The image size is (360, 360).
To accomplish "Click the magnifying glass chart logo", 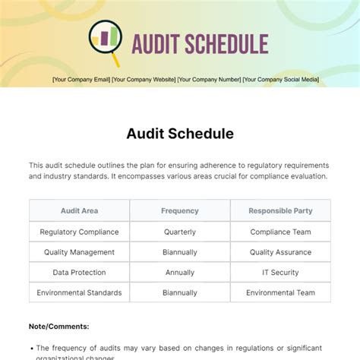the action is pyautogui.click(x=105, y=43).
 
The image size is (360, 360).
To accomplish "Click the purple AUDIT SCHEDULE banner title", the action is pyautogui.click(x=200, y=43).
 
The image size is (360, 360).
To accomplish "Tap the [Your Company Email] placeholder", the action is pyautogui.click(x=81, y=79).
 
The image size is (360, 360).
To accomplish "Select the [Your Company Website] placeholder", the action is pyautogui.click(x=144, y=79).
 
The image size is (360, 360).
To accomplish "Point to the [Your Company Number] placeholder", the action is pyautogui.click(x=209, y=79).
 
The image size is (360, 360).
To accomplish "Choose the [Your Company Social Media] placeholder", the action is pyautogui.click(x=281, y=79).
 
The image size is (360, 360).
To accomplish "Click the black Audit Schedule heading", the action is pyautogui.click(x=180, y=134).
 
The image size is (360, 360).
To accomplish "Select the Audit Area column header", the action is pyautogui.click(x=79, y=211).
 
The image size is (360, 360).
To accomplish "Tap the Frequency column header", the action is pyautogui.click(x=180, y=211).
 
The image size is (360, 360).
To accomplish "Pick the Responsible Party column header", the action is pyautogui.click(x=280, y=211).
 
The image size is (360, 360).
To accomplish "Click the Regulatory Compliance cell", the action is pyautogui.click(x=79, y=232).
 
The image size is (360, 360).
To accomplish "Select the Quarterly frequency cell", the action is pyautogui.click(x=180, y=232).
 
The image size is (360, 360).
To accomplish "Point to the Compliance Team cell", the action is pyautogui.click(x=280, y=232).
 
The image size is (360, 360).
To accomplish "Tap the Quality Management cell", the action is pyautogui.click(x=79, y=252).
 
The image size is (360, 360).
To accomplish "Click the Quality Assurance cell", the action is pyautogui.click(x=280, y=252).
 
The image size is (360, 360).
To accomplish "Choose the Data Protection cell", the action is pyautogui.click(x=79, y=272).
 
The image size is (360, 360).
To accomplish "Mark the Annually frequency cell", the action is pyautogui.click(x=180, y=272).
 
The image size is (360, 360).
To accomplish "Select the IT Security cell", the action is pyautogui.click(x=280, y=272).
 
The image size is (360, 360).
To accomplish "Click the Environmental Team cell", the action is pyautogui.click(x=280, y=292).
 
